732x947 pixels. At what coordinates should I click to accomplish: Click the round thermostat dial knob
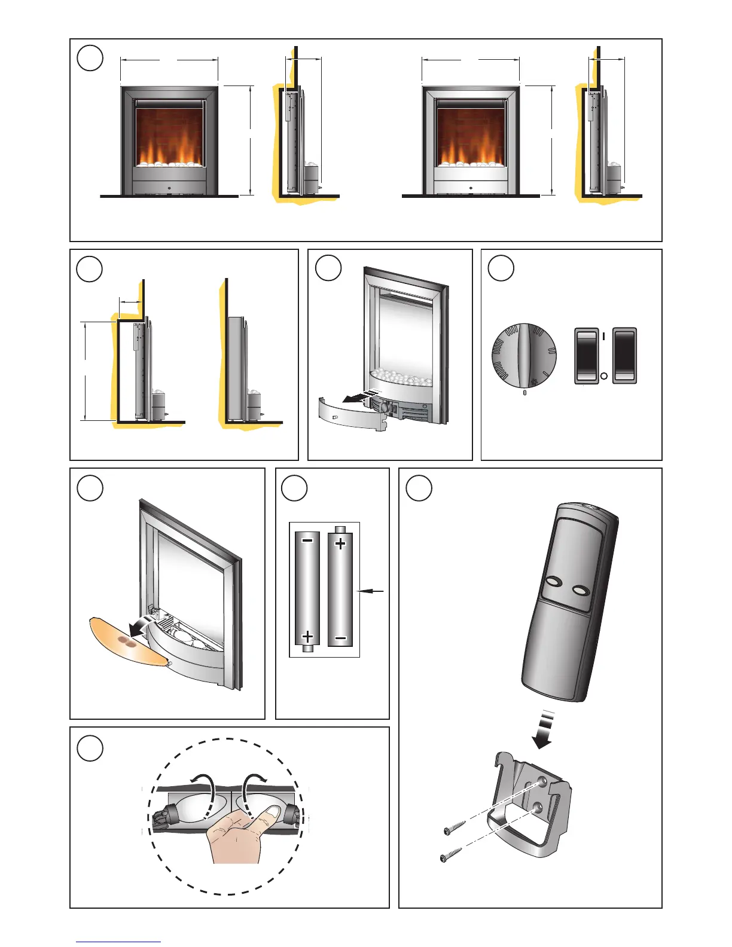524,355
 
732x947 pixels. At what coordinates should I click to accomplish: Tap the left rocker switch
586,355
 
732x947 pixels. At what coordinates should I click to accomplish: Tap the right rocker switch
625,355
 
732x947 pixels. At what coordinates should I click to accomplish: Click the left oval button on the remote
553,582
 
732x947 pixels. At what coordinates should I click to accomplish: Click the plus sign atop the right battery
340,544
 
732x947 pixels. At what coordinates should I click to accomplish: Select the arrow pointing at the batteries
371,591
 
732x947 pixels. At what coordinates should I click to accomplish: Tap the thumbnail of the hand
273,812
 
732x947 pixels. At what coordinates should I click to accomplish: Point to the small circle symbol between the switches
604,376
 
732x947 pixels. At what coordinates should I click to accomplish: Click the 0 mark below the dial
524,393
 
